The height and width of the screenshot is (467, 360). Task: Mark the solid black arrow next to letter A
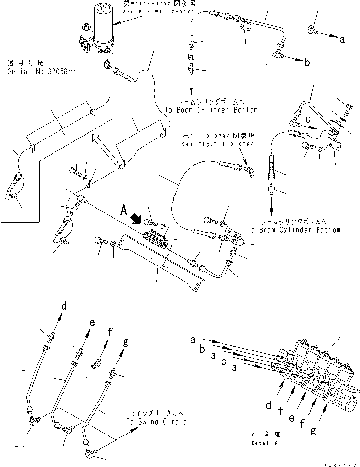pos(137,219)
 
